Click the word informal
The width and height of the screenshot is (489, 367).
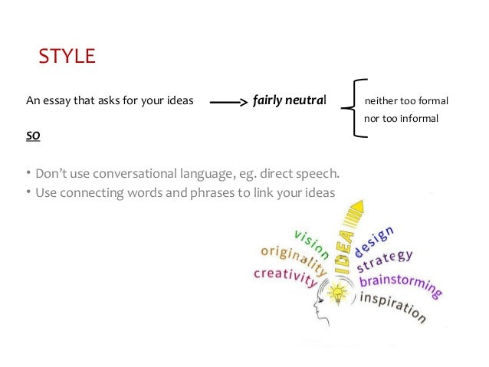coord(416,118)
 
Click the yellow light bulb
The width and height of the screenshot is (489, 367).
coord(335,292)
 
